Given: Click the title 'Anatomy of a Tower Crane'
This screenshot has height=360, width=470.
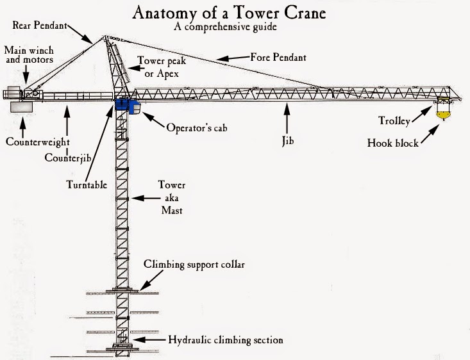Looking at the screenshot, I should [235, 13].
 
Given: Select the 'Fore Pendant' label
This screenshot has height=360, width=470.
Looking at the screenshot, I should [278, 58].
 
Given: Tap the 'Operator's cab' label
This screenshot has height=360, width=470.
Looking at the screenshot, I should [197, 127].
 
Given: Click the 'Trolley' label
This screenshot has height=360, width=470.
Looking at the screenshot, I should [396, 120].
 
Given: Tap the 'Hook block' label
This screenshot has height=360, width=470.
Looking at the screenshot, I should [392, 142].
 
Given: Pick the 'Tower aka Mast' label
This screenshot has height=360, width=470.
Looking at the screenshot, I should [172, 197].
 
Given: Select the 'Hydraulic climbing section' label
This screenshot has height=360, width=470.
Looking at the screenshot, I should [225, 340].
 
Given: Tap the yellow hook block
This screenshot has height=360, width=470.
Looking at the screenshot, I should [442, 115].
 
